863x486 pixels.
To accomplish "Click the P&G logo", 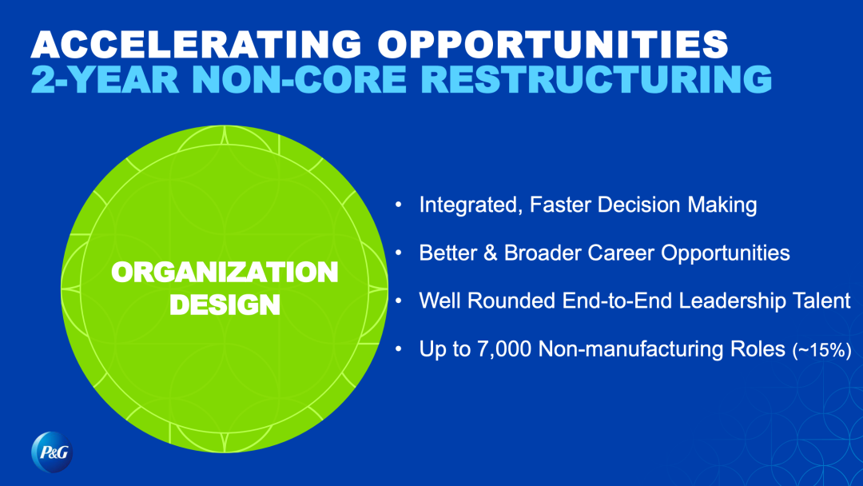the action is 52,452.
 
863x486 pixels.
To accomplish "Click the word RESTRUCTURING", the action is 599,79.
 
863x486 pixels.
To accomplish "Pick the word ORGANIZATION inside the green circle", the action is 225,272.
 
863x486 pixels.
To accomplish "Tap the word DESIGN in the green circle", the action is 225,305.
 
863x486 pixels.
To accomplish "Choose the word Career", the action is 621,253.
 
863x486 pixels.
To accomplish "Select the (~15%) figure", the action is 821,350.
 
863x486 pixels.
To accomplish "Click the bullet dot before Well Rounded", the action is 399,301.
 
